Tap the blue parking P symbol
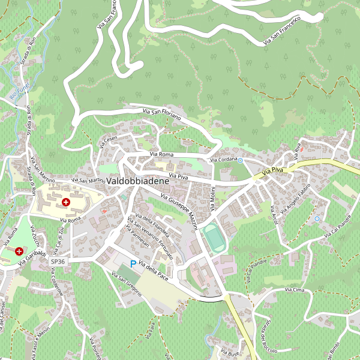pos(133,263)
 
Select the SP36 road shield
pos(58,262)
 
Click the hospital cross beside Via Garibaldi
pos(19,251)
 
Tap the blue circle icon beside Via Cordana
pos(241,160)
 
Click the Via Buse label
pos(229,352)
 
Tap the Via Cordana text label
pos(223,160)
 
